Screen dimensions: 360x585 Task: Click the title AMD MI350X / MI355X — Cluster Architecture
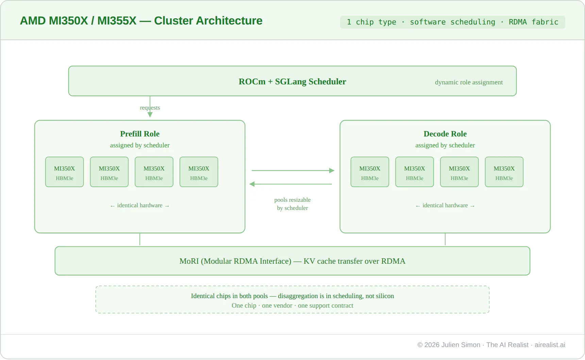pos(141,21)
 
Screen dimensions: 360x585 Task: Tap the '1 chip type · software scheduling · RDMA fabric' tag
pos(452,22)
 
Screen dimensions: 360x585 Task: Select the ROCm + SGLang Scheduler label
pos(292,82)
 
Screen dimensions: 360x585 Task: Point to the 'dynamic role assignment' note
pos(468,82)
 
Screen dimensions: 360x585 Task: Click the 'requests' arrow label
pos(150,108)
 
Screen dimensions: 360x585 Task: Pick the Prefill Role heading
pos(139,134)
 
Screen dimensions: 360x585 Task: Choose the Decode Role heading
pos(445,134)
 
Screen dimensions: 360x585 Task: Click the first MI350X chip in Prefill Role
pos(64,172)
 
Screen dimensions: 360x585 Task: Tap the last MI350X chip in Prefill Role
pos(199,172)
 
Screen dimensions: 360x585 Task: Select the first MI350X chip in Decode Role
pos(370,172)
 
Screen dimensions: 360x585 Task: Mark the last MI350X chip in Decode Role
pos(504,172)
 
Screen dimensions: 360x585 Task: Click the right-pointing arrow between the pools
pos(292,170)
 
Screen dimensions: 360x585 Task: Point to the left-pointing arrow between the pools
pos(291,184)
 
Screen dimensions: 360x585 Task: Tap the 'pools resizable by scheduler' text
pos(292,204)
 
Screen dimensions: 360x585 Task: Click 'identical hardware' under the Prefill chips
pos(139,206)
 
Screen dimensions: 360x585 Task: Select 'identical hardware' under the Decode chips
pos(445,206)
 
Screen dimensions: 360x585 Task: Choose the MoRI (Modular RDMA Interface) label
pos(292,261)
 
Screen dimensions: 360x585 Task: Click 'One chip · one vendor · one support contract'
pos(292,306)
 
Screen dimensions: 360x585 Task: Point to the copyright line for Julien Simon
pos(491,345)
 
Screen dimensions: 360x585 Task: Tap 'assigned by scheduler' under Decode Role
pos(445,145)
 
